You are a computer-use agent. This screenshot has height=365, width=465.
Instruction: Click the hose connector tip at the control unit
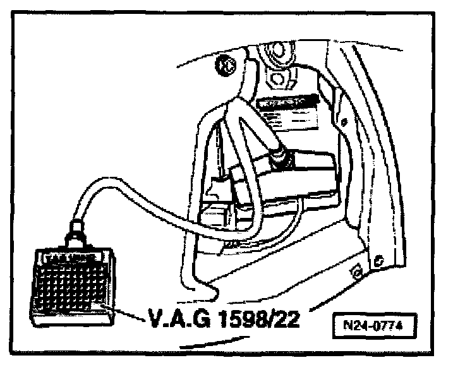click(277, 152)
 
